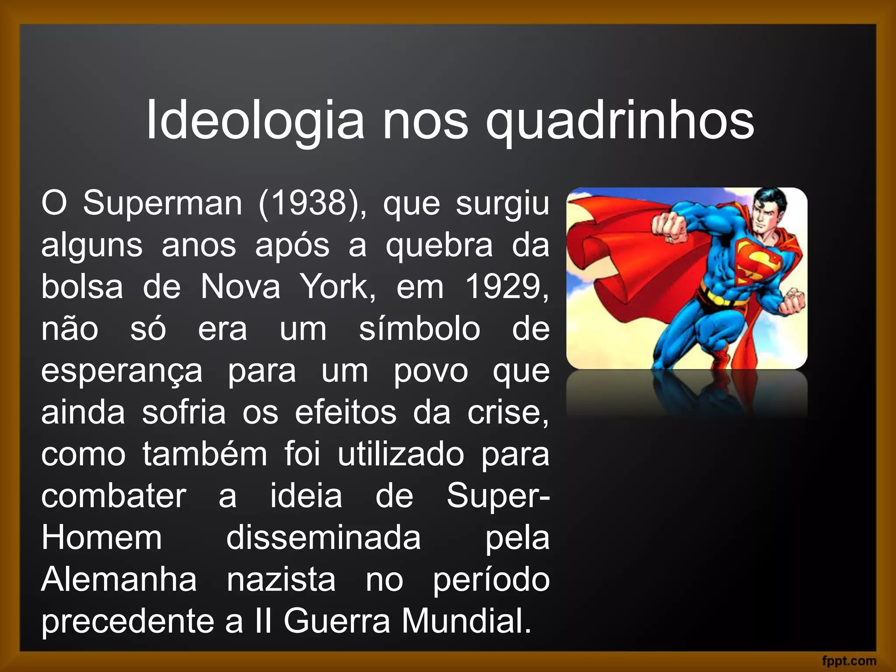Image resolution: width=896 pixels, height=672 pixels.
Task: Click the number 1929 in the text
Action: coord(506,287)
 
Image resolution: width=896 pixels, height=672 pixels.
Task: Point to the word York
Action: coord(337,287)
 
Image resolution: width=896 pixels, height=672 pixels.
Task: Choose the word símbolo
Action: coord(420,329)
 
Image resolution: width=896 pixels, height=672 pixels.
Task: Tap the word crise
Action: coord(507,413)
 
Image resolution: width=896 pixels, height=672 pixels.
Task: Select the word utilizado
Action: coord(401,454)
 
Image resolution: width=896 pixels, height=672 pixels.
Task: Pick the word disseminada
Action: coord(323,538)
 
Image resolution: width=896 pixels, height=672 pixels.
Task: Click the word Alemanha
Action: coord(119,579)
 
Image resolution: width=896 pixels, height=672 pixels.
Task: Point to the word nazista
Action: coord(281,579)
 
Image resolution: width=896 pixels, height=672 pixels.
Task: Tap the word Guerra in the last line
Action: coord(336,621)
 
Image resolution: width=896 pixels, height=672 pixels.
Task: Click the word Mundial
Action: coord(466,621)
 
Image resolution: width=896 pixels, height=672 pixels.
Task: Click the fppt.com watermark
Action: coord(849,661)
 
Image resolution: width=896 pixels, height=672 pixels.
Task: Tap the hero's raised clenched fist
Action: coord(668,226)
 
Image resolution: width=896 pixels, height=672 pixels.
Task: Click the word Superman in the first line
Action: coord(162,204)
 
